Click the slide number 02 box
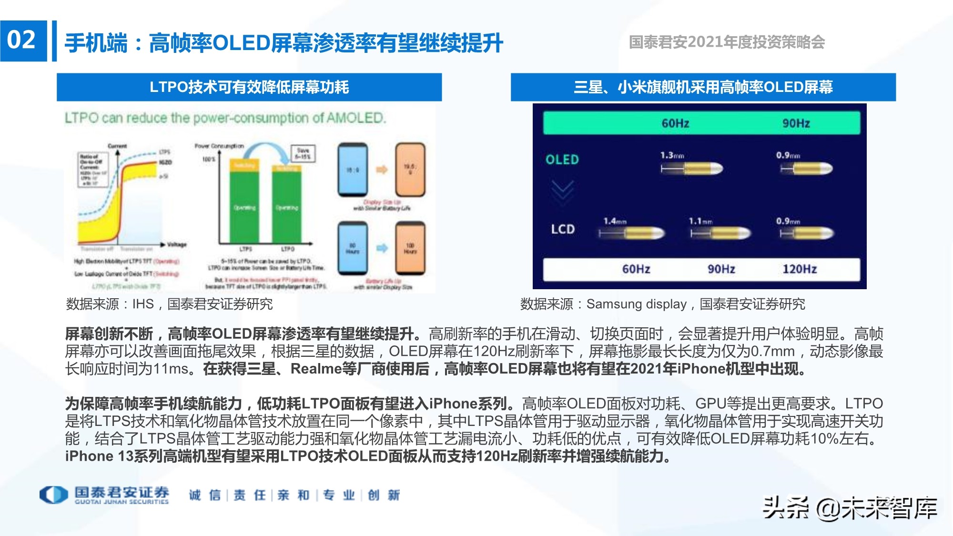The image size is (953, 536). [23, 40]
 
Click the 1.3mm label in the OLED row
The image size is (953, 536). [672, 155]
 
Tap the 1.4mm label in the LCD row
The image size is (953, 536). [615, 221]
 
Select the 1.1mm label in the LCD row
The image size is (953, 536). [700, 221]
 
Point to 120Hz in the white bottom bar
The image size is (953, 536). [800, 269]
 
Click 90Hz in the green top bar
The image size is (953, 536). [796, 123]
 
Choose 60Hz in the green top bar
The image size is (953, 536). [675, 123]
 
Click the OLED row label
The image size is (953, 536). [562, 160]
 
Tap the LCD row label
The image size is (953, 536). [563, 229]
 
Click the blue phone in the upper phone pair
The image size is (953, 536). [353, 170]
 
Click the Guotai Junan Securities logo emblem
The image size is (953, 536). [53, 495]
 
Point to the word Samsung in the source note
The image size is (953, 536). [613, 304]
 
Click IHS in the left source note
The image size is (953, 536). [143, 304]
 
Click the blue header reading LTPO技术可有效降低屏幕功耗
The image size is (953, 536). [249, 87]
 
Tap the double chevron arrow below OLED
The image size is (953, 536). [562, 192]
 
